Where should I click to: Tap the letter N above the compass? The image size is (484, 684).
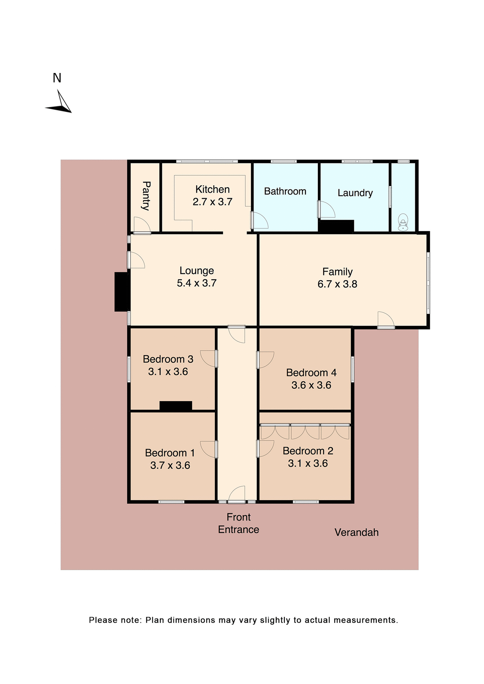(57, 78)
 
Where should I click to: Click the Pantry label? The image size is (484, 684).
(146, 196)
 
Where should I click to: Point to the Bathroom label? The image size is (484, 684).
(285, 191)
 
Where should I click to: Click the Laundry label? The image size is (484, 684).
(355, 193)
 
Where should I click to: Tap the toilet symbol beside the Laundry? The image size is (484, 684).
(403, 222)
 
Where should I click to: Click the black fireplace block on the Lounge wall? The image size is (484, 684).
(122, 292)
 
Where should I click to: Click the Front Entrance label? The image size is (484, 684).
(238, 523)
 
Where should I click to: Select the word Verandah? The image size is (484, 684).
(356, 532)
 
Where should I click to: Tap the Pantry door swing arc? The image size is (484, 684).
(142, 225)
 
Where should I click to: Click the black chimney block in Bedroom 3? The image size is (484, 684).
(176, 406)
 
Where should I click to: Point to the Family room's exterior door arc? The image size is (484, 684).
(386, 319)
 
